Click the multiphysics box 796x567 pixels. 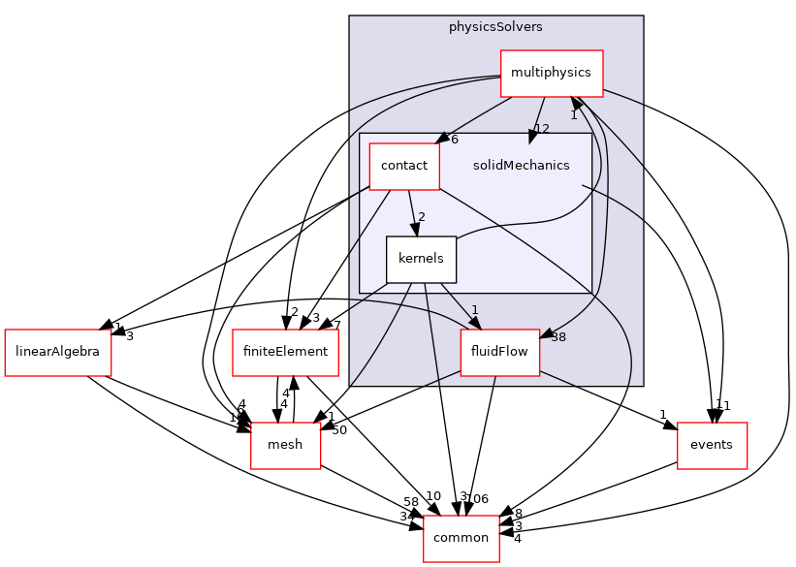(x=552, y=73)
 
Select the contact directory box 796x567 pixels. (x=404, y=166)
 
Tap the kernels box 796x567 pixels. (x=421, y=259)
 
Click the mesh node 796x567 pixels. (x=285, y=445)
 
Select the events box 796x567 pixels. (x=712, y=445)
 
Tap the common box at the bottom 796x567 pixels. (x=461, y=538)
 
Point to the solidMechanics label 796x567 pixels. (x=521, y=166)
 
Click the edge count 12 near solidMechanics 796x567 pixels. (x=542, y=129)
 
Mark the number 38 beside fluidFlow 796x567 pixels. (x=558, y=337)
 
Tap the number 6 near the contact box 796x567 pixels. (x=455, y=140)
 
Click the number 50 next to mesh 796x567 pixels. (x=339, y=429)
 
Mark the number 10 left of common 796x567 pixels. (x=432, y=497)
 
